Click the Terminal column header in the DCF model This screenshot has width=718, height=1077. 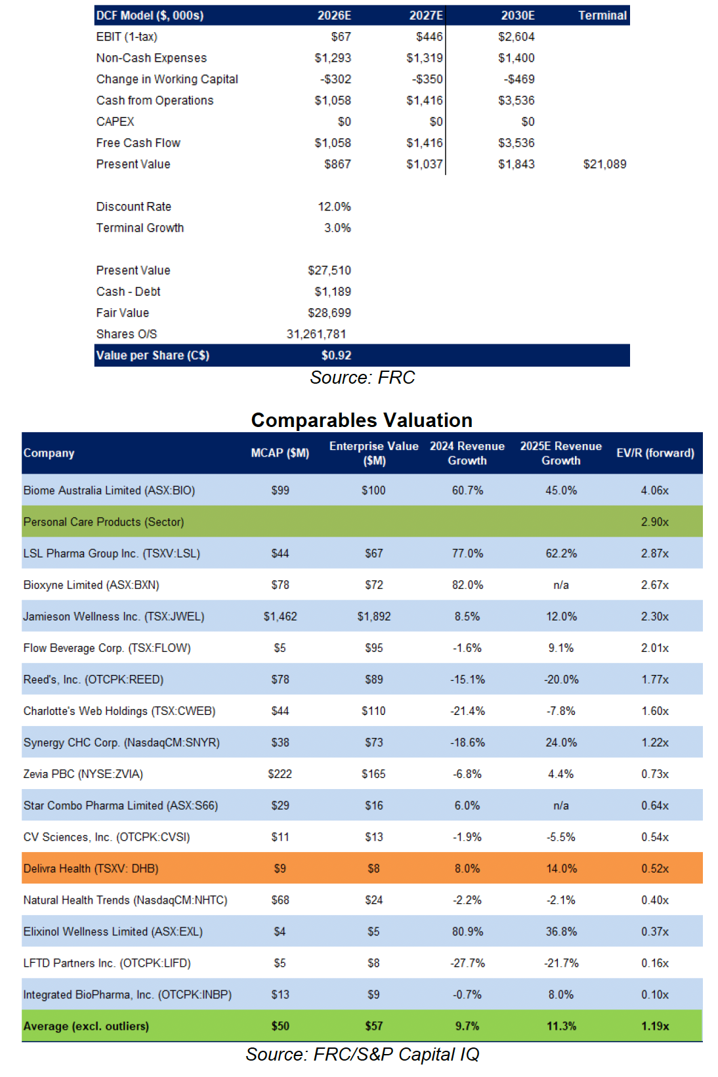tap(602, 15)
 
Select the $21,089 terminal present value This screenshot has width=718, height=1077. tap(604, 164)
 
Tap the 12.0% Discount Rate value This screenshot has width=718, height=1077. tap(334, 207)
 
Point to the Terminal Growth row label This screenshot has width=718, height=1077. tap(140, 228)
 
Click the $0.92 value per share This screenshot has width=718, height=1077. tap(336, 356)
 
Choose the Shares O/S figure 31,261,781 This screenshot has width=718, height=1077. tap(316, 334)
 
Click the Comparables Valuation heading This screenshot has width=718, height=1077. tap(362, 420)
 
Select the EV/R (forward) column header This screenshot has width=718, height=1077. tap(655, 453)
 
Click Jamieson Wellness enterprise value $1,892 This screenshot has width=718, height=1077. tap(373, 617)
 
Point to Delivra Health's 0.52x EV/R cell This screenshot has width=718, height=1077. tap(655, 868)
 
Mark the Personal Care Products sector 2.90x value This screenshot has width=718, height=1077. tap(655, 522)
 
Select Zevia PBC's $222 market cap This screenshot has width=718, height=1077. tap(280, 774)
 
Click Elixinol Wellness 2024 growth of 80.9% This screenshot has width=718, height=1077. tap(467, 931)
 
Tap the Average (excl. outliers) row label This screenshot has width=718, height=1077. tap(86, 1026)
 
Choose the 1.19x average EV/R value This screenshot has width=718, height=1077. tap(655, 1026)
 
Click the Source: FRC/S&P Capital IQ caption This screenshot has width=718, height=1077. tap(362, 1054)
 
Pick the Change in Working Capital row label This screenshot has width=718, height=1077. tap(167, 79)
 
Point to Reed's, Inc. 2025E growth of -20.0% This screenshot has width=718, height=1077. tap(561, 680)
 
